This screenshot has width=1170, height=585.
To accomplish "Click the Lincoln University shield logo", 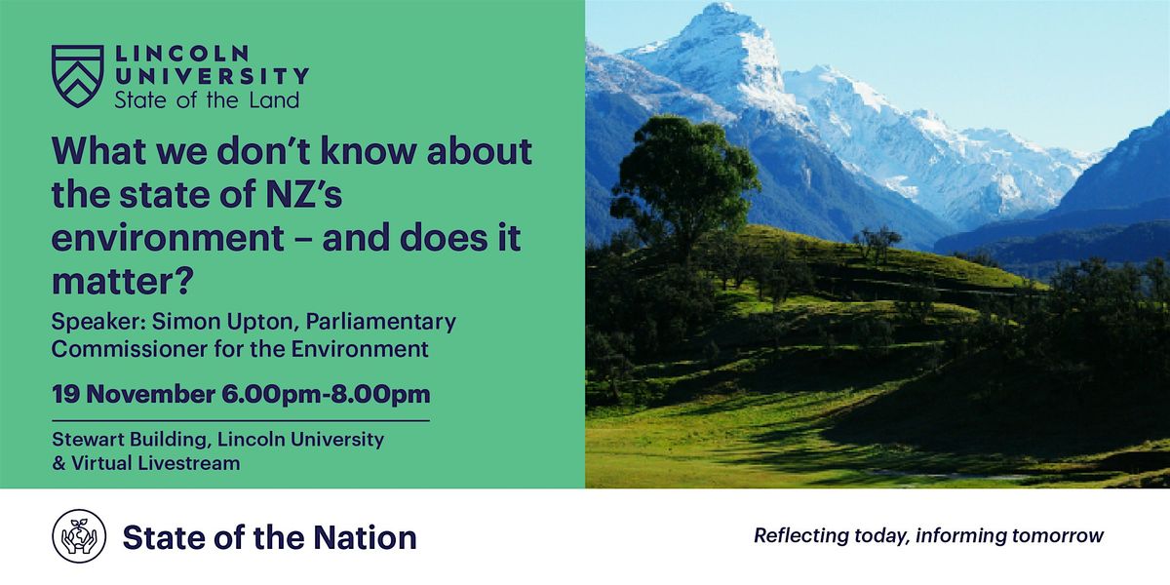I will coord(77,76).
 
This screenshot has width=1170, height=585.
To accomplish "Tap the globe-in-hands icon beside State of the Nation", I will coord(78,536).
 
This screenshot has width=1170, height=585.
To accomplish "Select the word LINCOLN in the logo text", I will coord(181,54).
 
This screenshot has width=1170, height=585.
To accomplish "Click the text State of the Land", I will coord(207,99).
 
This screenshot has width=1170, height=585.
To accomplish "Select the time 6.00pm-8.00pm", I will coord(326,395).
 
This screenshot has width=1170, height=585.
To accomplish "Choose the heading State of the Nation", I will coord(269,537).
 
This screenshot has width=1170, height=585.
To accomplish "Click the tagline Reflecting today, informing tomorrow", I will coord(928,535).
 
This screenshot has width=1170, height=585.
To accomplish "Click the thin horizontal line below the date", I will coord(240,420).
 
